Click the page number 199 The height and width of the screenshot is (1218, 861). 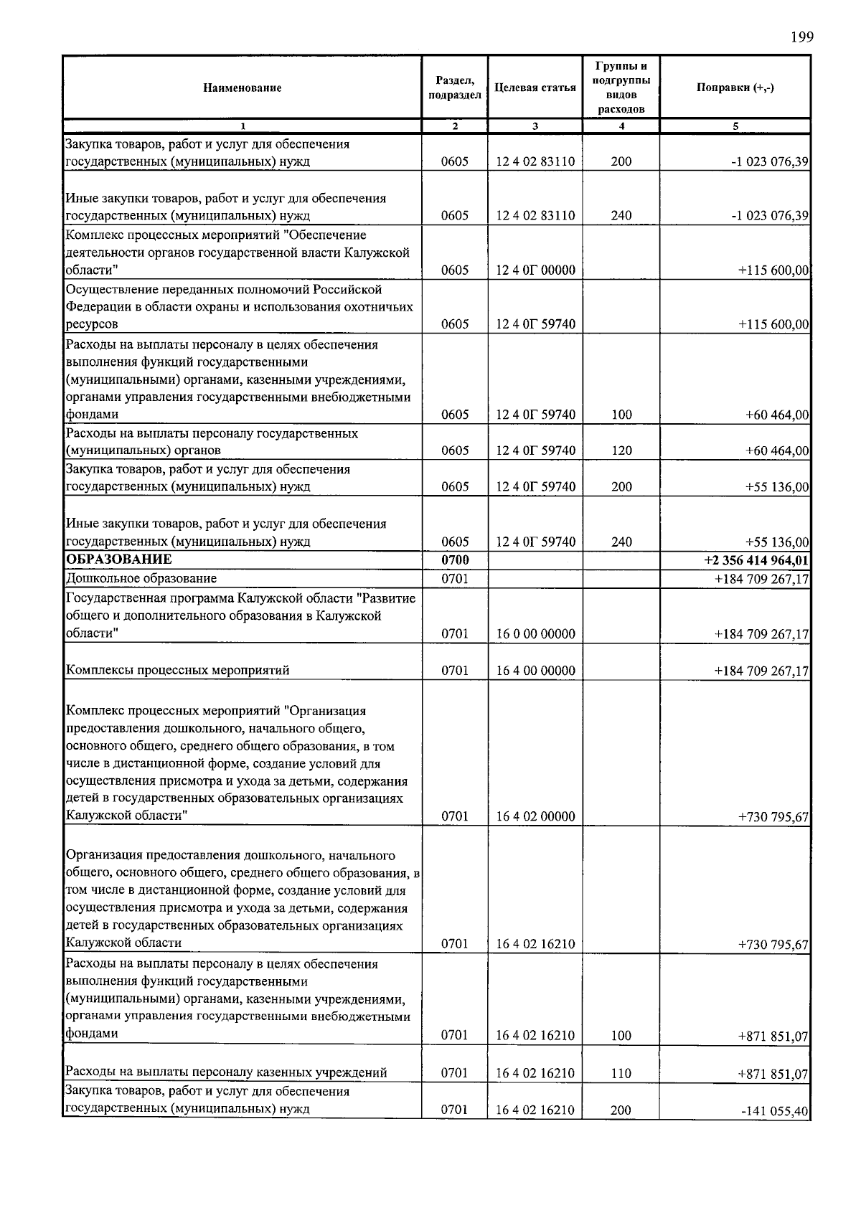[x=802, y=37]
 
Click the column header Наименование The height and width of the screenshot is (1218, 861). [x=242, y=88]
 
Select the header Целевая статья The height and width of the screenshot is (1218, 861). [x=535, y=88]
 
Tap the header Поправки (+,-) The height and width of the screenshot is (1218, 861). [x=735, y=88]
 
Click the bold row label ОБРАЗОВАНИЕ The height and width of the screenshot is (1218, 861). [x=118, y=560]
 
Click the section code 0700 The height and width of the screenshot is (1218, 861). [x=454, y=560]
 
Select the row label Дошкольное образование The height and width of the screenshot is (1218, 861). [x=141, y=578]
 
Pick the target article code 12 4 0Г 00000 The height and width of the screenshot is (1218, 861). [x=535, y=270]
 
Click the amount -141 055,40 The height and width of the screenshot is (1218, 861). [x=775, y=1132]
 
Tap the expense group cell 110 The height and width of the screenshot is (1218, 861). [x=621, y=1073]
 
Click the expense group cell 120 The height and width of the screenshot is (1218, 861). [x=621, y=450]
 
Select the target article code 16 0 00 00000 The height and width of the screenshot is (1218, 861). [x=535, y=634]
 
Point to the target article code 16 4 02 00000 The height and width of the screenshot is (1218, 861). [x=535, y=816]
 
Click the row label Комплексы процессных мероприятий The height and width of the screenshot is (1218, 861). [x=178, y=671]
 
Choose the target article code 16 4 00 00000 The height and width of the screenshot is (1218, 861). [x=535, y=671]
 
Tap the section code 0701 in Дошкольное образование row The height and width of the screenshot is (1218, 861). [x=454, y=578]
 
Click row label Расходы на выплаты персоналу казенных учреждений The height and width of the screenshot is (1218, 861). [x=226, y=1072]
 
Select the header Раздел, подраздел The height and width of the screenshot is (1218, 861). [x=454, y=88]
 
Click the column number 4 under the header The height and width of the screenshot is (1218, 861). [x=621, y=126]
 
